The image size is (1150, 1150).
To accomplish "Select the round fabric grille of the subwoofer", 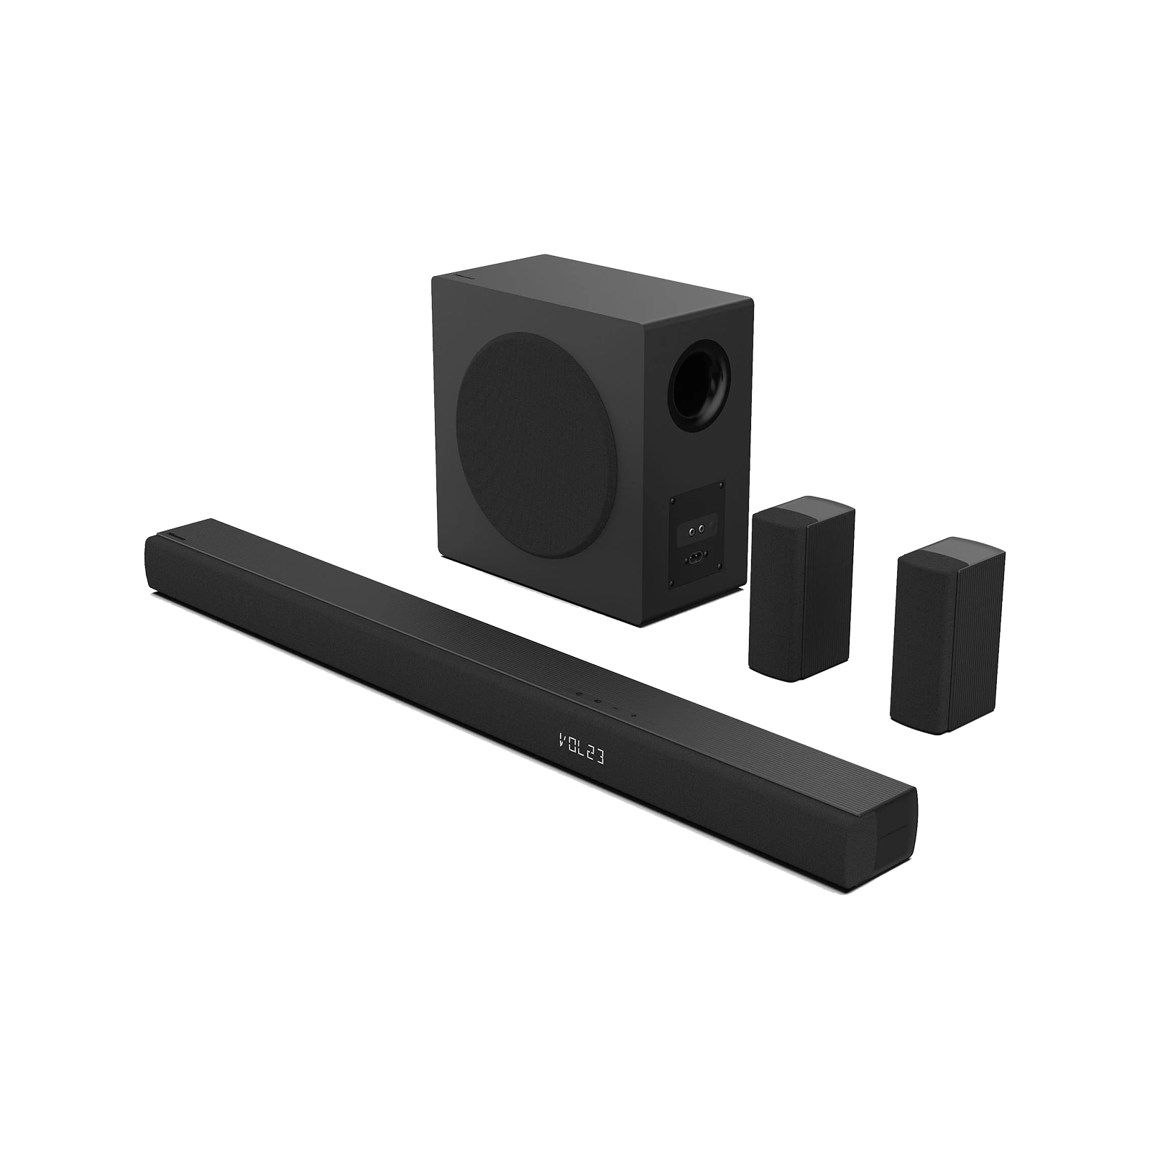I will pyautogui.click(x=536, y=446).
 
